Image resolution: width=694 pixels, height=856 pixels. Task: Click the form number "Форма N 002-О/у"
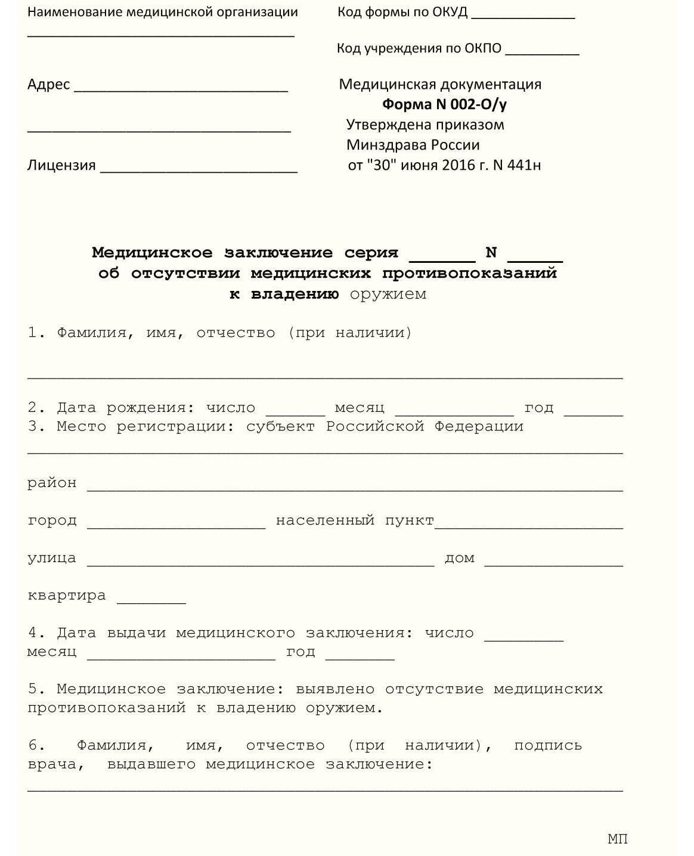444,104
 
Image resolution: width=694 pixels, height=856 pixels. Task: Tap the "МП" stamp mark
618,839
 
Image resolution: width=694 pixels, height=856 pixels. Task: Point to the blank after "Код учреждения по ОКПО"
542,52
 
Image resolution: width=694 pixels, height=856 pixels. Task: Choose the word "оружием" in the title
388,294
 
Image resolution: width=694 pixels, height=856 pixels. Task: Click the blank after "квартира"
151,600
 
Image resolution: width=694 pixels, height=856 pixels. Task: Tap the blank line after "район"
355,487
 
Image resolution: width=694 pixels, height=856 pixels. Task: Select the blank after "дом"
553,562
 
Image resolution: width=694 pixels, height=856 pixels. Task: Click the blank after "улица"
261,562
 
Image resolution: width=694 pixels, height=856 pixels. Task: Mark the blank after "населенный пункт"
529,525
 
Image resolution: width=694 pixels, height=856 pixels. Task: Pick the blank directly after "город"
176,525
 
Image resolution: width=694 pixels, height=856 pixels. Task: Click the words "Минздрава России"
413,145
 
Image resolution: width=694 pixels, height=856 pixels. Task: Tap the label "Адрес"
48,85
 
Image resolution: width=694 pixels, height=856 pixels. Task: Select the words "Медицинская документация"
440,84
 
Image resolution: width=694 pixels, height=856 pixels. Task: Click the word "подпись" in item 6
547,745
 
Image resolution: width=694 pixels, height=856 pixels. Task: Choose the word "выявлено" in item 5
335,689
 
